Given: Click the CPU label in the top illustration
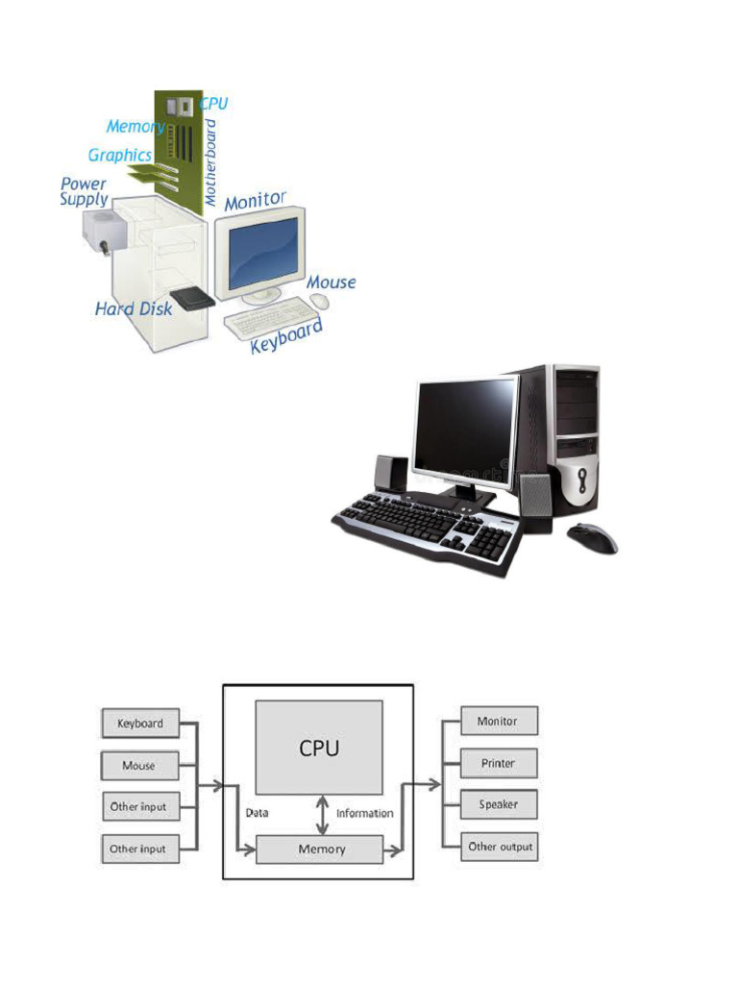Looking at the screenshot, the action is click(x=213, y=104).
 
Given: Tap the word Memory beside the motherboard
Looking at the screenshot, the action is click(x=135, y=127).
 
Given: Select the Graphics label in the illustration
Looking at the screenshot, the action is click(x=120, y=155).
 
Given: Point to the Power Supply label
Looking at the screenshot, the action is click(x=85, y=192).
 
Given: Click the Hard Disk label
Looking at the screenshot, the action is click(x=133, y=308).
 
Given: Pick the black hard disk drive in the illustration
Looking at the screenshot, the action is click(x=192, y=299).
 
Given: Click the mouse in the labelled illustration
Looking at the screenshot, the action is click(x=319, y=301).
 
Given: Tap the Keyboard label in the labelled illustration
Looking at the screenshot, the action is click(x=286, y=335).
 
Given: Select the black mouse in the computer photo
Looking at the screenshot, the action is click(x=592, y=538).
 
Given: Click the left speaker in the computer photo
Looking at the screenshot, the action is click(x=391, y=474).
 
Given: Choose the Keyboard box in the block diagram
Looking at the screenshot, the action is click(x=140, y=724).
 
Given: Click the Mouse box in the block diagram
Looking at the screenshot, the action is click(x=140, y=766).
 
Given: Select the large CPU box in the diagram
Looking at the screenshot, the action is click(x=319, y=748).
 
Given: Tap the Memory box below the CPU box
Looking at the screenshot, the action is click(x=319, y=849).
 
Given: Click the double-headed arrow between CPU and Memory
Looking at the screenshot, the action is click(x=323, y=815).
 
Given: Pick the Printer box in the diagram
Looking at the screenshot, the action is click(x=500, y=764).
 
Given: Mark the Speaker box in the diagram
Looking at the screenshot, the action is click(x=500, y=804).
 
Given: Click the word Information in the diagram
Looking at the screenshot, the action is click(x=364, y=813).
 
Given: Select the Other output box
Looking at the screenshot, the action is click(x=500, y=847).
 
